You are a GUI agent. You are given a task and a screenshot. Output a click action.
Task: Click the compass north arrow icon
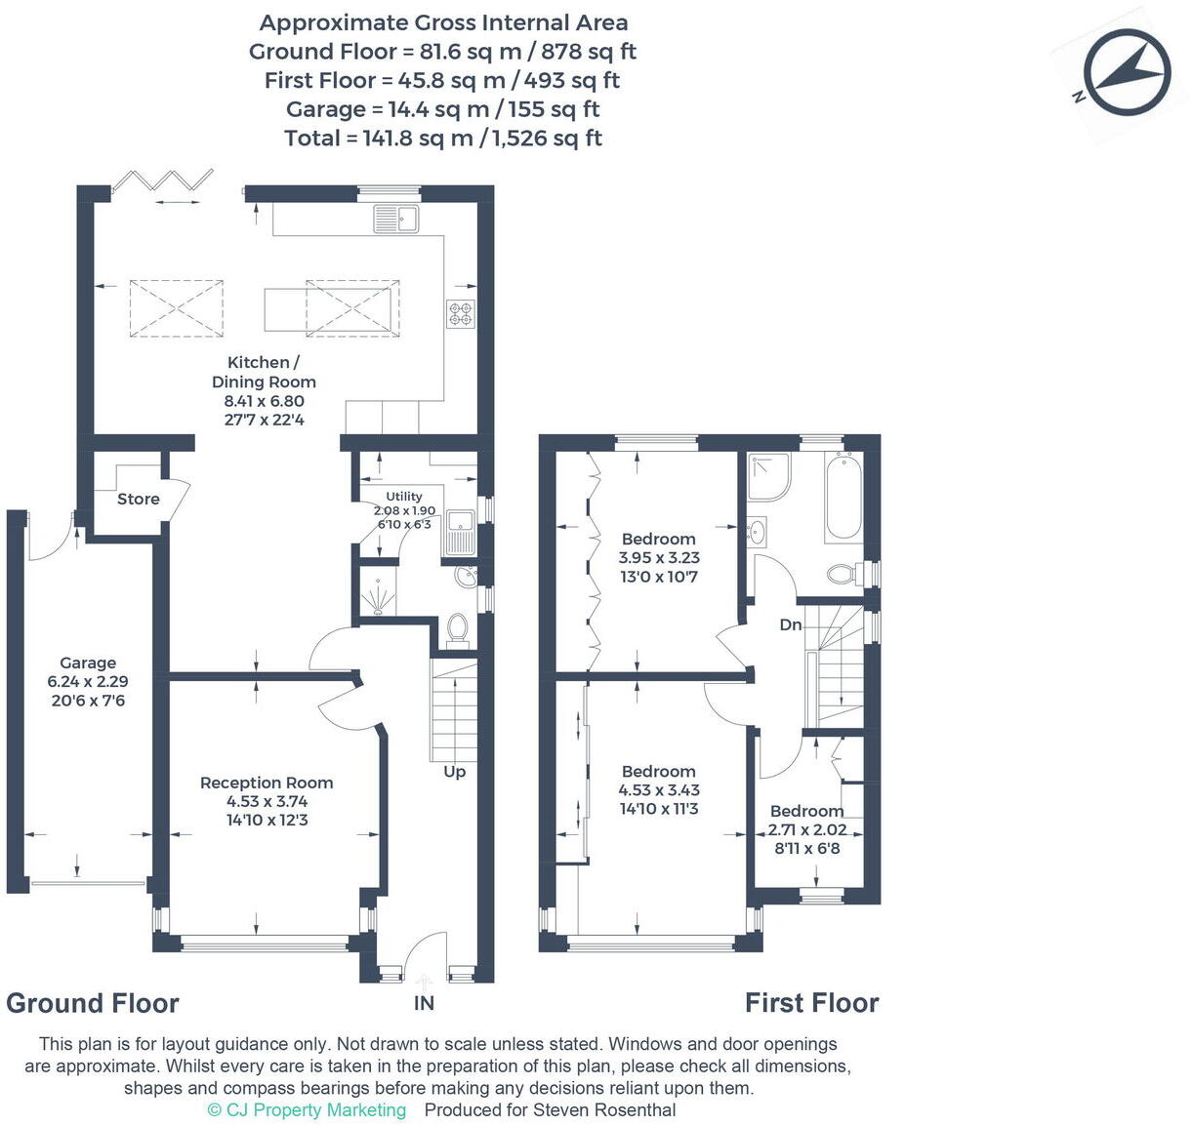(1129, 72)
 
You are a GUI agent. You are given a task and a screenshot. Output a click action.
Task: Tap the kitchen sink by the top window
(395, 220)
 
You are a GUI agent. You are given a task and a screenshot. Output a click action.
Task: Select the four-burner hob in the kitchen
(461, 313)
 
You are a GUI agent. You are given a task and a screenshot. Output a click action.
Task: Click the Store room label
(138, 499)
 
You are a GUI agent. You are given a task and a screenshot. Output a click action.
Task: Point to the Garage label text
(88, 663)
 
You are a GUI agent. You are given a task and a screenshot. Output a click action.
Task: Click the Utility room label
(404, 497)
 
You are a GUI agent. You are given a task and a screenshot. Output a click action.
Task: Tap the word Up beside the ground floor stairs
(455, 772)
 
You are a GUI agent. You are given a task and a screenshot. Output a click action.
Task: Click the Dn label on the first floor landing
(791, 624)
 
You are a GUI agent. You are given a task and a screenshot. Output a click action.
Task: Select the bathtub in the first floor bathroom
(843, 497)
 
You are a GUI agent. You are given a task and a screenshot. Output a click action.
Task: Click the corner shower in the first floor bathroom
(767, 477)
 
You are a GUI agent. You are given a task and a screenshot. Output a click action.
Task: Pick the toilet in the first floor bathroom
(843, 572)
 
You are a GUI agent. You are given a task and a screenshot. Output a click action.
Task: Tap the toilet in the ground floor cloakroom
(457, 629)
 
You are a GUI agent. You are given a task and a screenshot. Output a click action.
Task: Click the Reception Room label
(267, 783)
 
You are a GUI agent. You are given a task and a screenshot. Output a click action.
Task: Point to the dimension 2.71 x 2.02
(807, 830)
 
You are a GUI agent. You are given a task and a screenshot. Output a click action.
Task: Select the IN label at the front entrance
(424, 1003)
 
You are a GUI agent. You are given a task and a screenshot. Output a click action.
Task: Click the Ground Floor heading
(93, 1003)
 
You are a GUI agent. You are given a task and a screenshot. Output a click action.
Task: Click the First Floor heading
(811, 1003)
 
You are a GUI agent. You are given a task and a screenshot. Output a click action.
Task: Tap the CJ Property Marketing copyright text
(307, 1110)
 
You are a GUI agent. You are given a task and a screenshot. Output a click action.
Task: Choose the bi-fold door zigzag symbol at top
(163, 180)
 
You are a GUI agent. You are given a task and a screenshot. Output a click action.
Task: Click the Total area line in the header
(443, 139)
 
